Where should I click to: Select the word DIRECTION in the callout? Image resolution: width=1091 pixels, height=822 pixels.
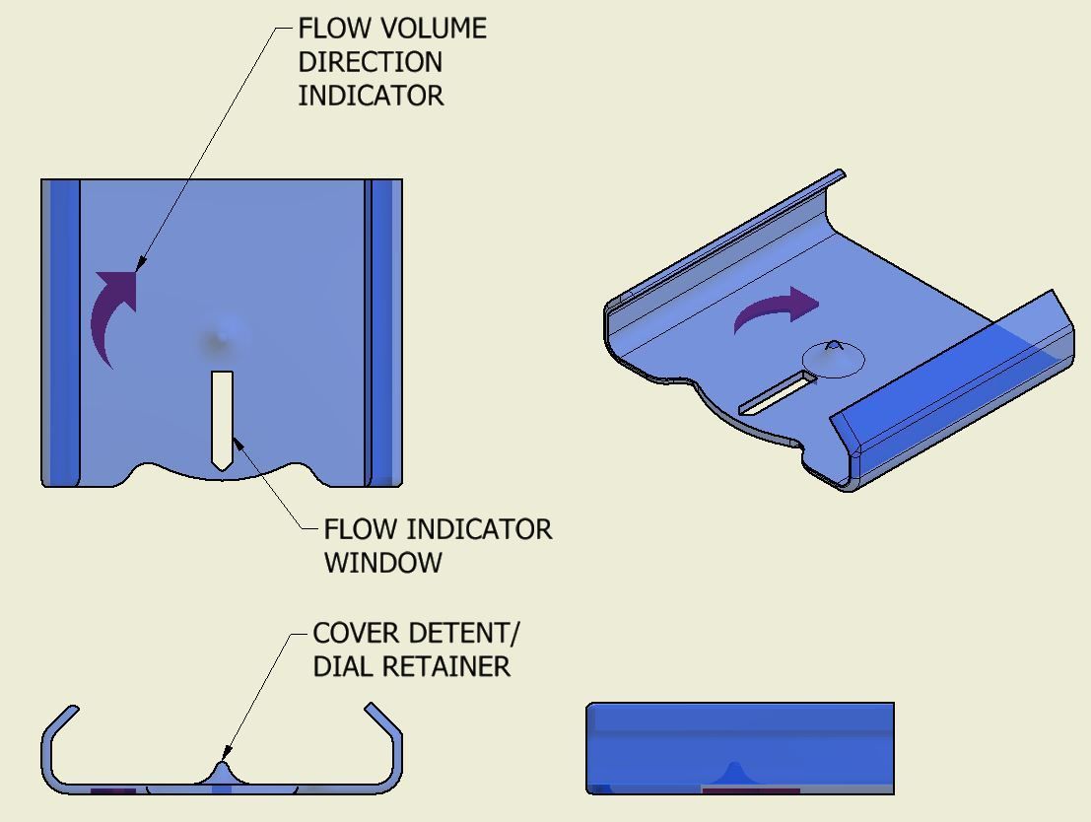coord(370,62)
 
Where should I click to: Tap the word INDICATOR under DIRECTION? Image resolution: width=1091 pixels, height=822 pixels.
coord(371,96)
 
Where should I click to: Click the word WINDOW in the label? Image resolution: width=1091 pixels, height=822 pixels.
coord(382,563)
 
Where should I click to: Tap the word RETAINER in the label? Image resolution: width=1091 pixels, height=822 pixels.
coord(445,666)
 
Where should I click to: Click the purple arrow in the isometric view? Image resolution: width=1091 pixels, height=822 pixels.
coord(778,310)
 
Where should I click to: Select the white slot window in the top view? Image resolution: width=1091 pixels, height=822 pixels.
coord(222,419)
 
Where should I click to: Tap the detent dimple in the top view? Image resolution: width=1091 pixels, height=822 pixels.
coord(223,335)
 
